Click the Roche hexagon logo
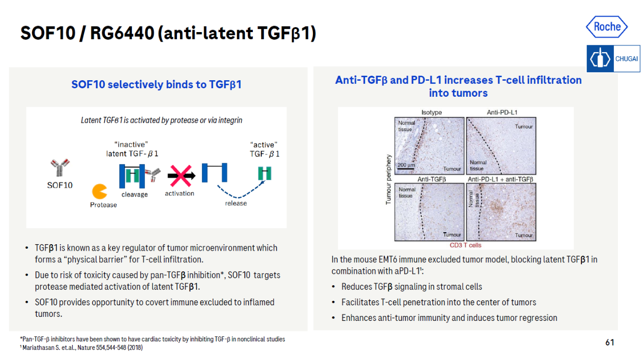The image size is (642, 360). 607,27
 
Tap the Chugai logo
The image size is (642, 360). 613,59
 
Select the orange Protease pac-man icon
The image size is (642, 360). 99,192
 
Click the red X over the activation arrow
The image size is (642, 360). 181,175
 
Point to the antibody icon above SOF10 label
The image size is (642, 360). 60,167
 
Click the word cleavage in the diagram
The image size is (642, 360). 134,195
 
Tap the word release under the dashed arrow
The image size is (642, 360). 236,203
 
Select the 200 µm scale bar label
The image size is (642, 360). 406,165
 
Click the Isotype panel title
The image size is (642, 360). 431,112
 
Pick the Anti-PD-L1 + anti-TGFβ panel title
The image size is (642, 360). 501,179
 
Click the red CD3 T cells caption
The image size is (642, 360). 465,245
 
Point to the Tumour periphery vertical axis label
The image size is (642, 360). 388,179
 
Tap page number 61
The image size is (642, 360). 609,342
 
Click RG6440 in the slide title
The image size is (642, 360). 122,33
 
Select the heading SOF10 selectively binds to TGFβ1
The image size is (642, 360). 156,85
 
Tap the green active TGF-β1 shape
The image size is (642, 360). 264,173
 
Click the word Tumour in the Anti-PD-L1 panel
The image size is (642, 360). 524,126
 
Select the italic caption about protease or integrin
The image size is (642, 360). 162,120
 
